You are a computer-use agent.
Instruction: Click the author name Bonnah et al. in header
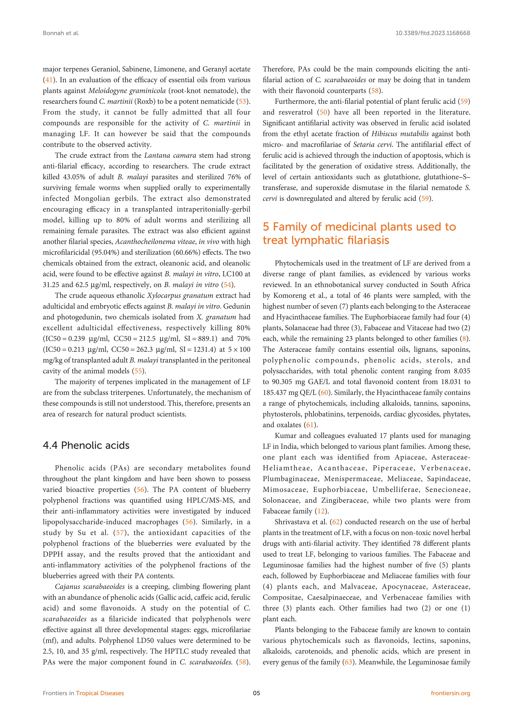pos(61,33)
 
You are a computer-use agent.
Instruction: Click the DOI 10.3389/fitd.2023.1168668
pos(432,33)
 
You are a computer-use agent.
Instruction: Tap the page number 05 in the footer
pos(256,693)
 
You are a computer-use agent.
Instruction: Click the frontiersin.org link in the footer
pos(450,693)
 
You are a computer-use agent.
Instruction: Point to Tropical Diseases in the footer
pos(100,693)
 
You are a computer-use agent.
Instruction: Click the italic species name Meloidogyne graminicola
pos(127,91)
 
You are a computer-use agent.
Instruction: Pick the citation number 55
pos(138,371)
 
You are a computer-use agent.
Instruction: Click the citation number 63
pos(348,662)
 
